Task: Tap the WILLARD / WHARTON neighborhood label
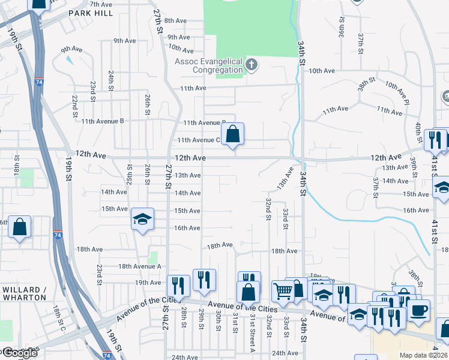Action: pos(25,293)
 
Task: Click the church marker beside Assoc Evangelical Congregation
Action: pos(252,64)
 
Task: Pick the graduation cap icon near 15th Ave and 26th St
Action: pos(143,218)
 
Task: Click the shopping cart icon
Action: pos(283,292)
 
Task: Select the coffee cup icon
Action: pos(418,310)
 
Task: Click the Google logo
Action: pos(19,353)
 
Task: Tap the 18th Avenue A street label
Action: pos(140,266)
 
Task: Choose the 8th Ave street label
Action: pos(176,20)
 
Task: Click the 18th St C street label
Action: pos(58,318)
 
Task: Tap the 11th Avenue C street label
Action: pos(198,140)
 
